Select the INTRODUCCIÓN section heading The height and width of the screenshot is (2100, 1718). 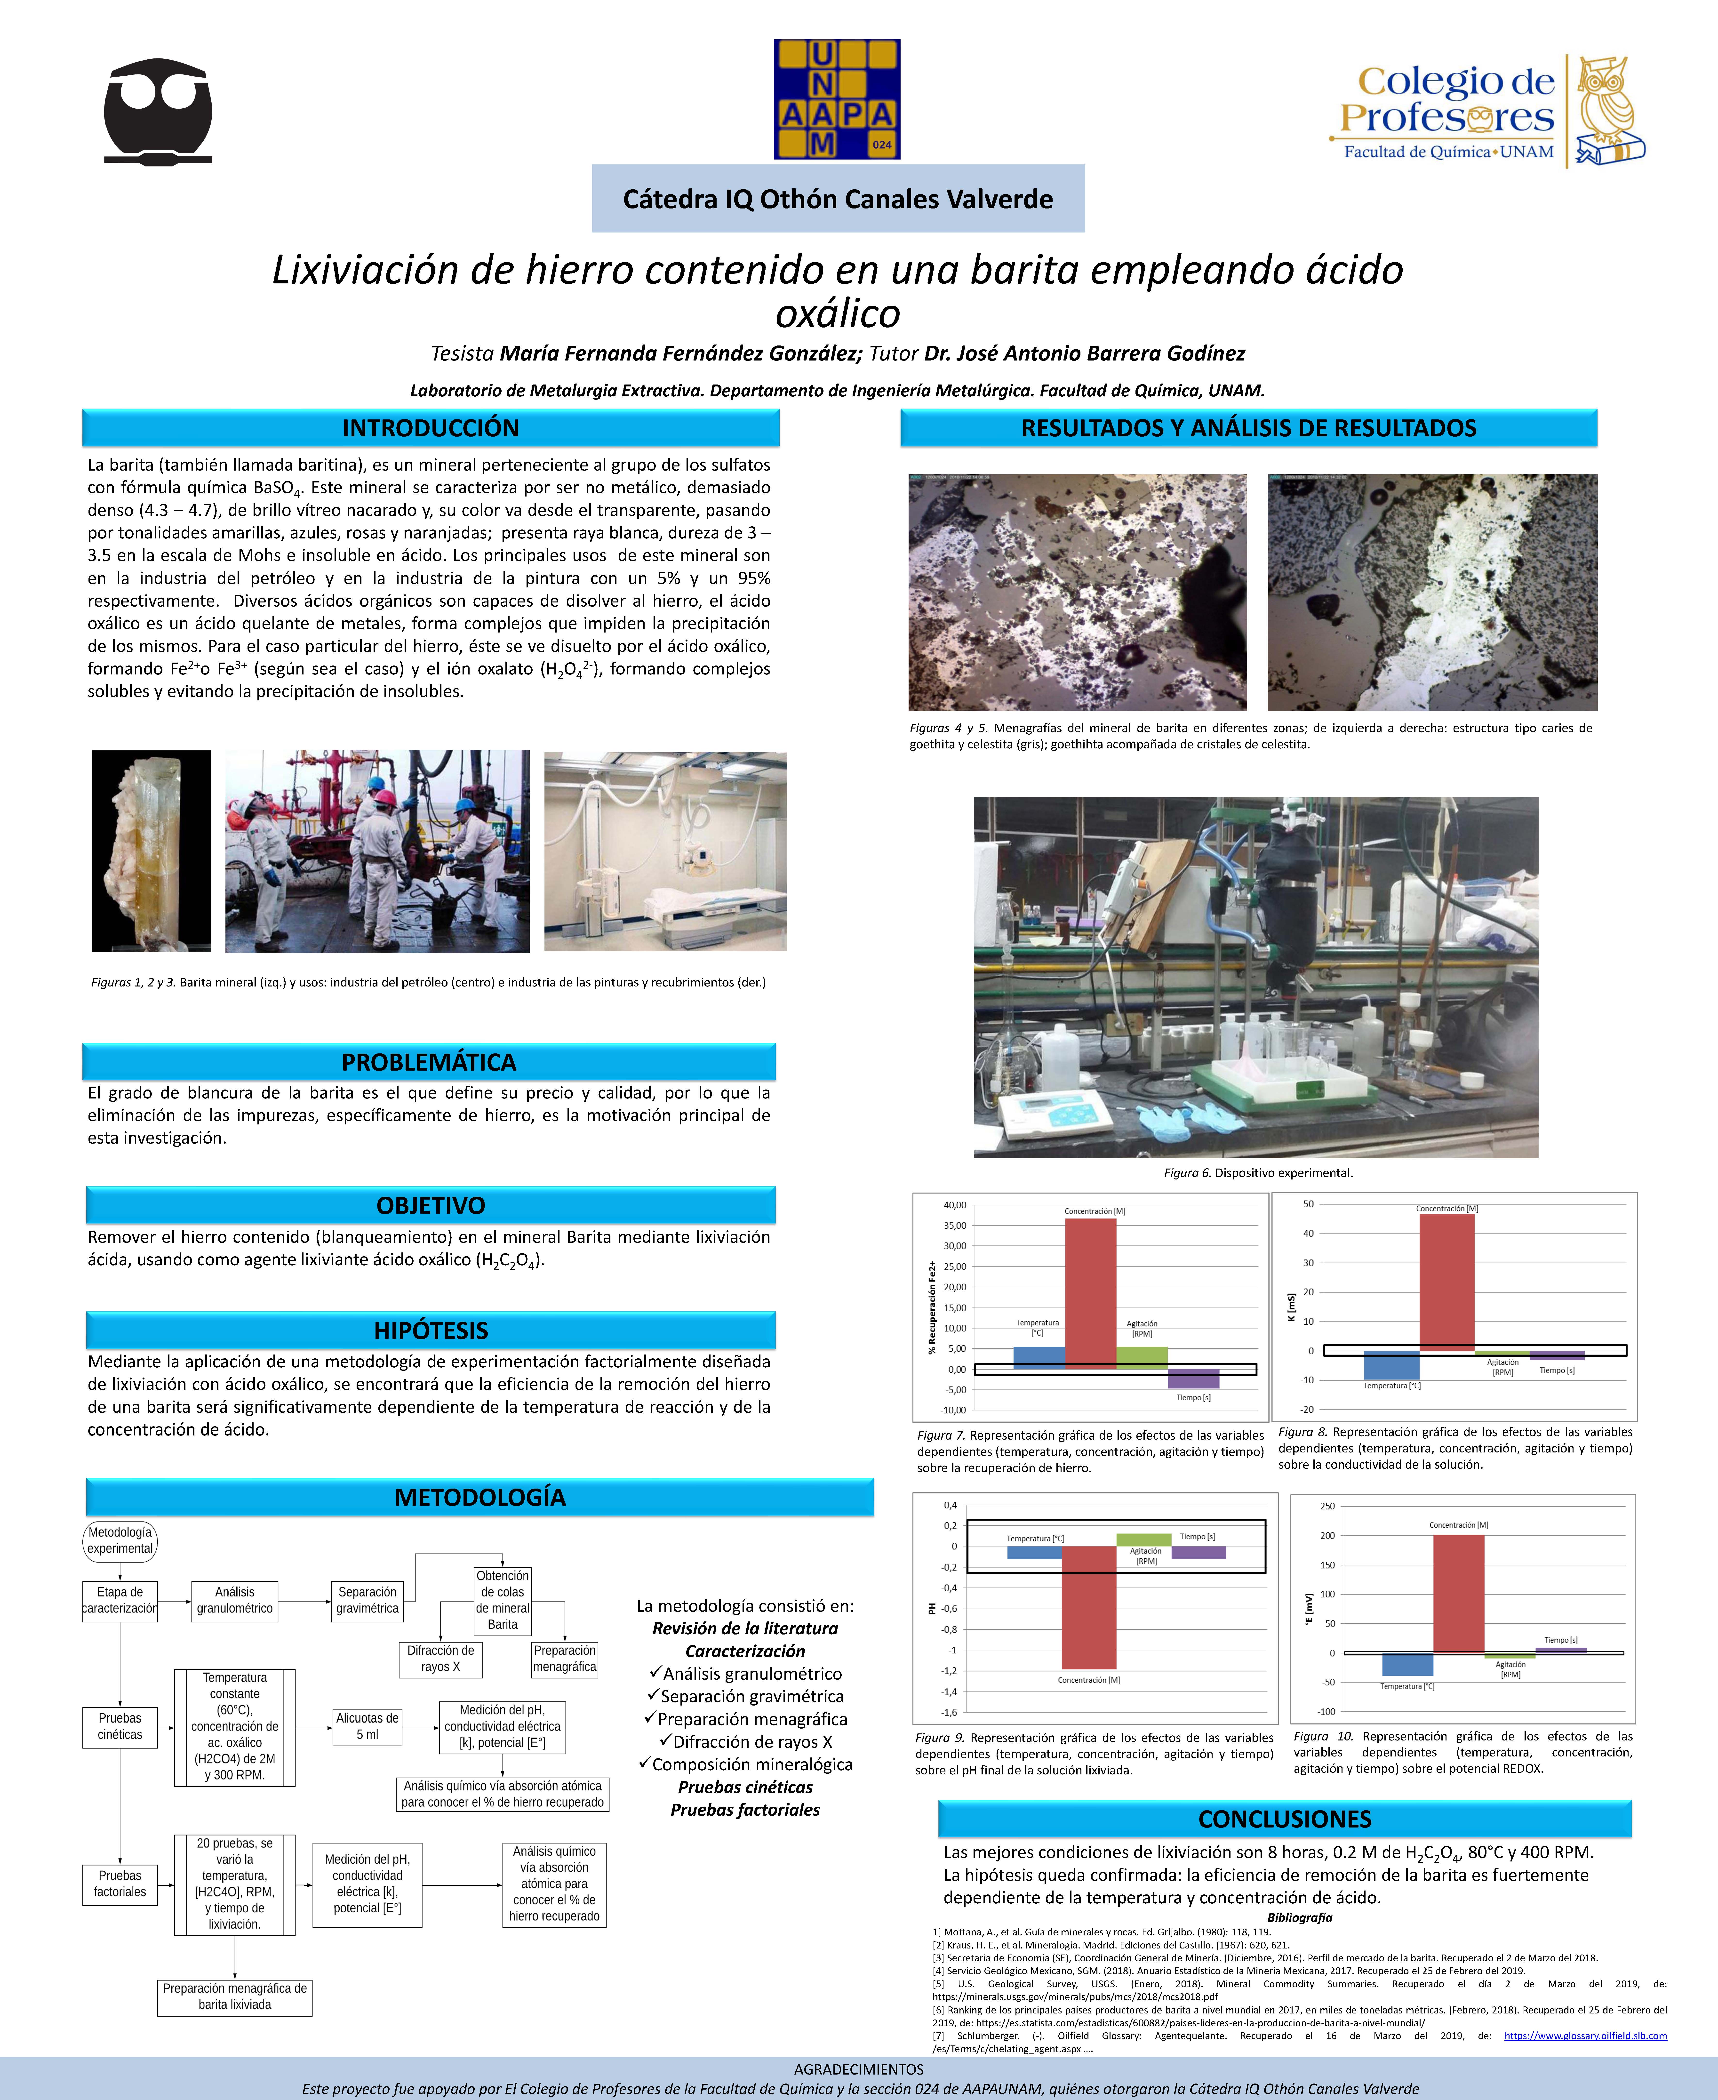[431, 427]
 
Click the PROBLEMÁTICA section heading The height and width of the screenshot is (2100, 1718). [429, 1062]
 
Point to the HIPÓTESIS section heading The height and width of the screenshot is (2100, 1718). [431, 1330]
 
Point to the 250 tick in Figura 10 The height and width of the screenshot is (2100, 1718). [1327, 1506]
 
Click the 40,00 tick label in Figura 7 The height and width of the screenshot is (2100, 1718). [955, 1205]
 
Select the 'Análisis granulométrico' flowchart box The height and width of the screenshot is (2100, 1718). [235, 1600]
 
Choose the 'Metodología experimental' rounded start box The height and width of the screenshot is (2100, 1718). [120, 1541]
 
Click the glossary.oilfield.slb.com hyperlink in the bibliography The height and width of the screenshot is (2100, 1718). [1584, 2036]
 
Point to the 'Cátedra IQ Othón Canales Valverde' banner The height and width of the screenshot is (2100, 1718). [837, 199]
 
